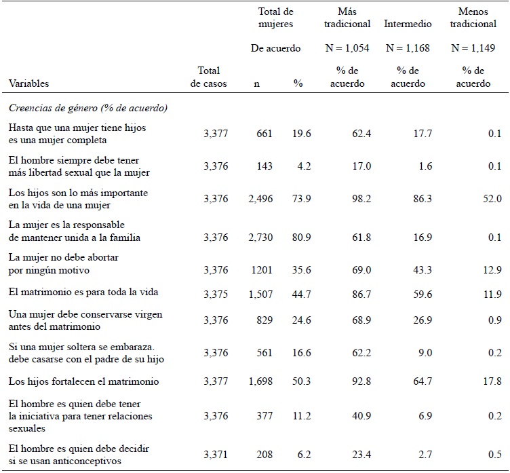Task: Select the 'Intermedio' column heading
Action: tap(408, 24)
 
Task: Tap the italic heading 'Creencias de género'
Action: tap(88, 107)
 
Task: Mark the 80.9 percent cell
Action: tap(302, 238)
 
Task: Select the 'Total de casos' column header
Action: tap(210, 77)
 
